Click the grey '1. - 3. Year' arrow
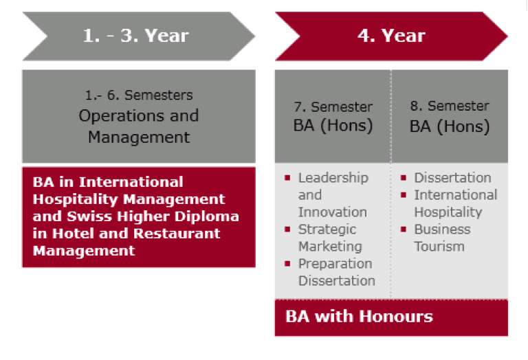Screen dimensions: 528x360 click(139, 36)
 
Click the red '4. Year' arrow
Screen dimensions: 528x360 click(391, 36)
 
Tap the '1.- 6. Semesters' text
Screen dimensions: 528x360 click(139, 95)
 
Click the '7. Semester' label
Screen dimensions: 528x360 click(333, 107)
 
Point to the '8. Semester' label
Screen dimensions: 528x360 click(450, 106)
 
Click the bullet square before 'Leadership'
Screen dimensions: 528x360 click(287, 178)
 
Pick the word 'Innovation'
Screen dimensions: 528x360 click(332, 212)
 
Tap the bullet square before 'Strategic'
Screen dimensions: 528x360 click(287, 229)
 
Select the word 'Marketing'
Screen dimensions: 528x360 click(330, 247)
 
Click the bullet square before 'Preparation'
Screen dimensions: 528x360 click(287, 264)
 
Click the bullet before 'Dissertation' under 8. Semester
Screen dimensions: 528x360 click(404, 178)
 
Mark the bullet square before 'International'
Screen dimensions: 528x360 click(404, 195)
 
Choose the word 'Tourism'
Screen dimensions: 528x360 click(439, 247)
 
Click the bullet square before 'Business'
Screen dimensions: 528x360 click(404, 229)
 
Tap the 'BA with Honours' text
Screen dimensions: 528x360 click(360, 317)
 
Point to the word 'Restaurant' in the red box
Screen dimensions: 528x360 click(177, 234)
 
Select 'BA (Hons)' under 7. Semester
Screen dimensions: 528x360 click(333, 126)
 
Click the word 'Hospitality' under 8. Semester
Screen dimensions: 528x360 click(448, 213)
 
